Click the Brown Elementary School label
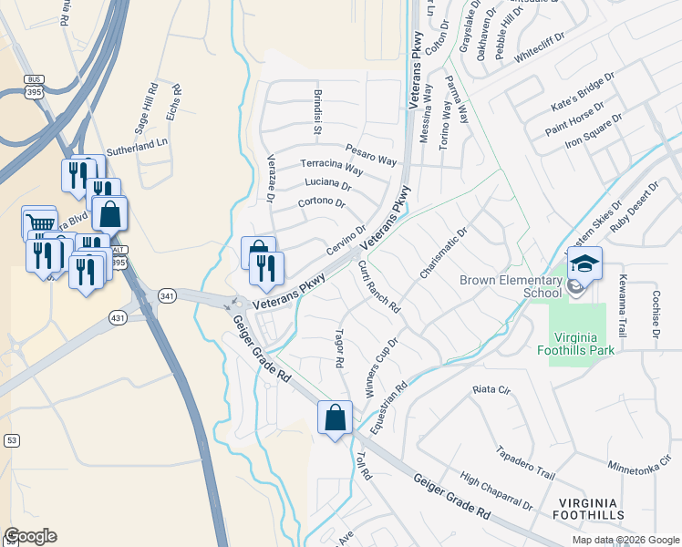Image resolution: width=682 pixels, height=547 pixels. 510,286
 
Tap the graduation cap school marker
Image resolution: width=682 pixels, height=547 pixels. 584,265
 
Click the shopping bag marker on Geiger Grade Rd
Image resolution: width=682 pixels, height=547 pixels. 335,418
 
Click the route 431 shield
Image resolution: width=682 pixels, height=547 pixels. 118,317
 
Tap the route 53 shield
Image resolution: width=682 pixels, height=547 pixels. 12,440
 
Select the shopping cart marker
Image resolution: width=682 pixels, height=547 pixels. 39,223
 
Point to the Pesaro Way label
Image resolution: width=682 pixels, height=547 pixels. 371,154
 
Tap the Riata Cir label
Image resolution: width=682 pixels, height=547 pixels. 491,389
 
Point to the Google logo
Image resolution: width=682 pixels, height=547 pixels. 30,536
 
